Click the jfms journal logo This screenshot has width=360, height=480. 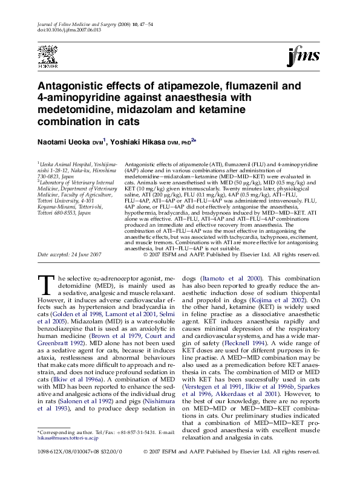[303, 57]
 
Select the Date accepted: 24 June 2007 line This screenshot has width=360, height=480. [70, 255]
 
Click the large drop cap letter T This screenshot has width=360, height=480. [46, 285]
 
